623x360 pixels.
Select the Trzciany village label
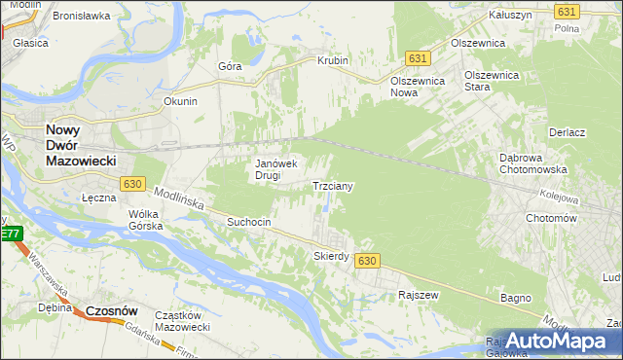pos(332,185)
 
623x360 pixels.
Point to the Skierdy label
pos(331,256)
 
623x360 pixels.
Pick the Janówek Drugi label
pos(281,169)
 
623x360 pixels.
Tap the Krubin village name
pos(332,60)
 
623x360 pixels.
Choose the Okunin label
pos(181,101)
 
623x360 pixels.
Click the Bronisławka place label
pos(83,17)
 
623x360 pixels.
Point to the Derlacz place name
pos(566,132)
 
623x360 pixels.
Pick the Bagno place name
pos(515,297)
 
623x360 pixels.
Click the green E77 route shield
pos(9,234)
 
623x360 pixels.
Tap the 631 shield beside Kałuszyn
pos(568,11)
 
